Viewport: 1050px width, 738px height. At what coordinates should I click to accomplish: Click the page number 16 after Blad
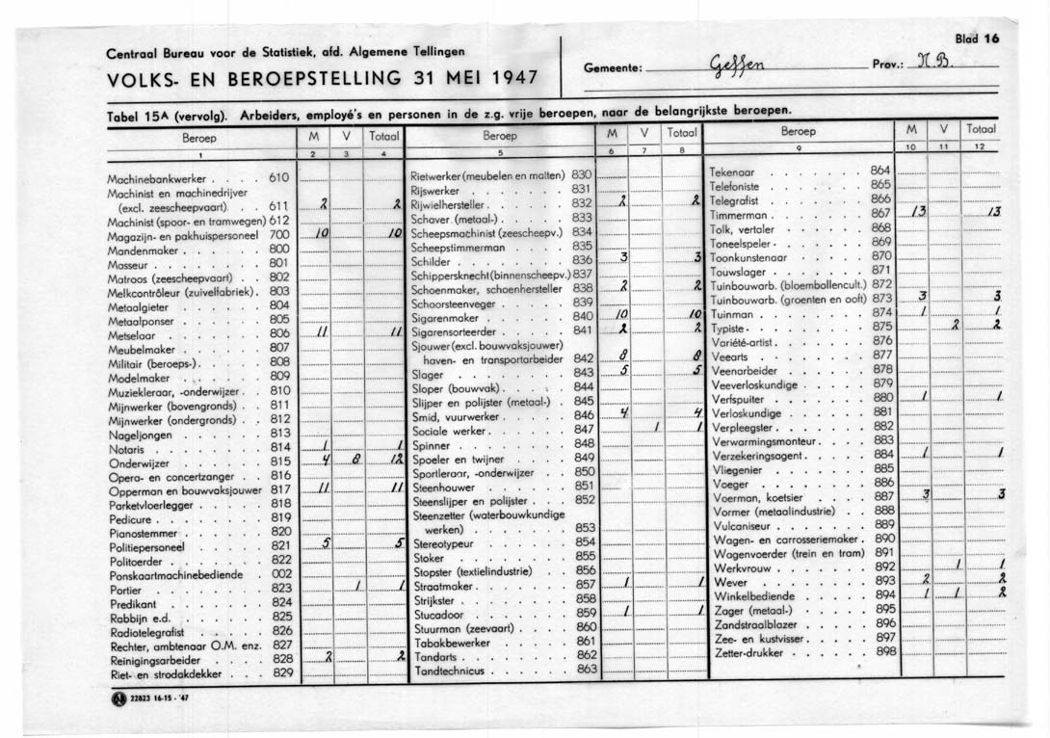coord(989,40)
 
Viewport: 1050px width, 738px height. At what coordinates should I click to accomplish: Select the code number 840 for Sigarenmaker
coord(583,316)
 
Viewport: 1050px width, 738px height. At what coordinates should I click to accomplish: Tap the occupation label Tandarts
coord(433,655)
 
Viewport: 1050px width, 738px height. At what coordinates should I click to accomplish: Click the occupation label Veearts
coord(729,356)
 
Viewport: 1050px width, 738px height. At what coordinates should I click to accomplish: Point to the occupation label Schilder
coord(431,260)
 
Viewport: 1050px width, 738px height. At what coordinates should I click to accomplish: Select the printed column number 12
coord(978,146)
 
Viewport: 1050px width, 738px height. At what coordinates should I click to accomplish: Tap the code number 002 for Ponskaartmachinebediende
coord(281,573)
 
